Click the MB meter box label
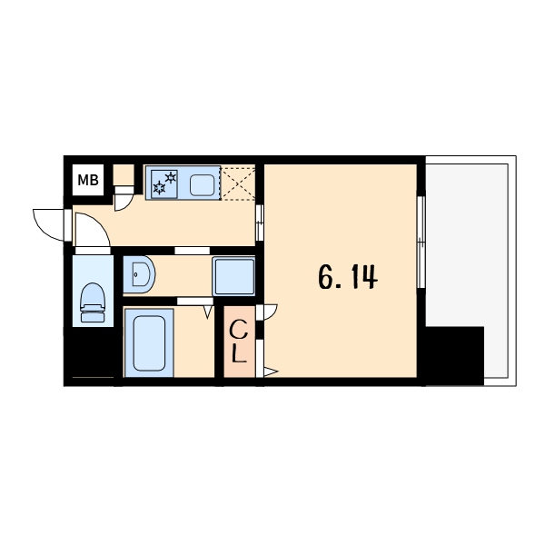88,180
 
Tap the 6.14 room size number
348,277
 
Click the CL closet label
239,342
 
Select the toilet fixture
93,302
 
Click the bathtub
149,343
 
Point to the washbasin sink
139,274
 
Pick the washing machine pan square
233,276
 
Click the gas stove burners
164,184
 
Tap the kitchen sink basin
202,185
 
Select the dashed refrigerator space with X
238,183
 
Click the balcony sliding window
421,243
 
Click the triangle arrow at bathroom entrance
208,312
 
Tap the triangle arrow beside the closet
271,372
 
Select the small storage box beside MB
124,175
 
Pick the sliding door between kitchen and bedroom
259,223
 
